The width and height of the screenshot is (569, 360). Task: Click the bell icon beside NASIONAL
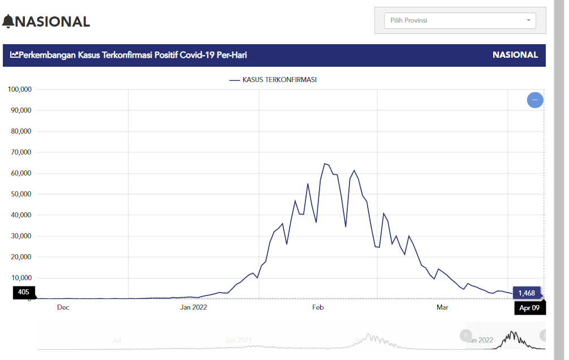pyautogui.click(x=8, y=22)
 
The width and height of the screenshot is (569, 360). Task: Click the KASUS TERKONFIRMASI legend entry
pyautogui.click(x=273, y=80)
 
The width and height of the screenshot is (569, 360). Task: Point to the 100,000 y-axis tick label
pyautogui.click(x=20, y=89)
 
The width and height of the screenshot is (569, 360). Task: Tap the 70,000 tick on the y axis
pyautogui.click(x=21, y=152)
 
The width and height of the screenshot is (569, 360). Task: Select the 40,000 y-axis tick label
pyautogui.click(x=21, y=215)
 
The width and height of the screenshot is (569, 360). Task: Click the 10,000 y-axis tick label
pyautogui.click(x=21, y=278)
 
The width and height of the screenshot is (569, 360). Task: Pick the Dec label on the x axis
pyautogui.click(x=63, y=307)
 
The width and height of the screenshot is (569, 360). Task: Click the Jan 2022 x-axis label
pyautogui.click(x=193, y=307)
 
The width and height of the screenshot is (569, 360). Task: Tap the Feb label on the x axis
pyautogui.click(x=318, y=307)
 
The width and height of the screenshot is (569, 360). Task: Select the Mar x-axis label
pyautogui.click(x=442, y=307)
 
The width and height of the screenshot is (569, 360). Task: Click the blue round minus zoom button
pyautogui.click(x=535, y=100)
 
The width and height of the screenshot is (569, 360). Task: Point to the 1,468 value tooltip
pyautogui.click(x=526, y=293)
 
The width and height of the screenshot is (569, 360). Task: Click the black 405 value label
pyautogui.click(x=23, y=292)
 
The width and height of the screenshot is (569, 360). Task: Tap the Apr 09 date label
pyautogui.click(x=529, y=308)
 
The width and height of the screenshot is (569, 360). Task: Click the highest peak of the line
pyautogui.click(x=325, y=164)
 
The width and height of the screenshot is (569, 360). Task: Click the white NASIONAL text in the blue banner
pyautogui.click(x=515, y=55)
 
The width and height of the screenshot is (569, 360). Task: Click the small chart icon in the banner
pyautogui.click(x=14, y=55)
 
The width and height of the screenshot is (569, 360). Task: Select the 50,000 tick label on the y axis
pyautogui.click(x=21, y=194)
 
